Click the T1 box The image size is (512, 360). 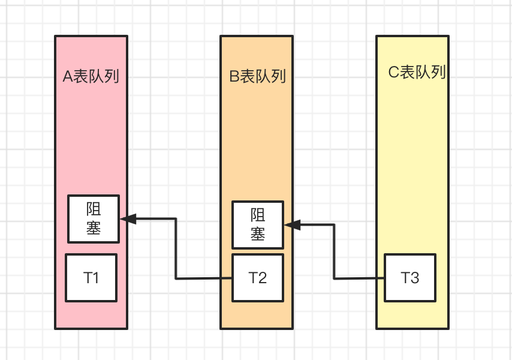pos(91,278)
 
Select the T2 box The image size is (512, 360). pos(258,278)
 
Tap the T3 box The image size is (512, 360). pos(410,278)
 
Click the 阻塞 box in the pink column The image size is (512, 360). pos(94,219)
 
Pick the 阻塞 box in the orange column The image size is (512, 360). pos(258,225)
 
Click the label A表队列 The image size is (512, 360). pos(91,76)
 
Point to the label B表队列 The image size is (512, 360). pos(257,76)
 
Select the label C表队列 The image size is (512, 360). pos(417,73)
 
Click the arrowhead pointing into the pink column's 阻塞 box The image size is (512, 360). pos(128,219)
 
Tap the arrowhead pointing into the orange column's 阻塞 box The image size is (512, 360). pos(292,225)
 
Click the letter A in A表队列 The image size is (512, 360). pos(68,76)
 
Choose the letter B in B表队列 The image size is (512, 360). pos(234,76)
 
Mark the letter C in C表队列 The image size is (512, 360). pos(394,73)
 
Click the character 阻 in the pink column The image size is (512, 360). pos(94,209)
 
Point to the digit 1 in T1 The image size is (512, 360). pos(96,278)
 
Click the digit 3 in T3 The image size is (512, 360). pos(415,278)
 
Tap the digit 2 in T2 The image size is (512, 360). pos(263,278)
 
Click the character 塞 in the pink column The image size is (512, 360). pos(94,229)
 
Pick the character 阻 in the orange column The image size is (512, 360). pos(258,215)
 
